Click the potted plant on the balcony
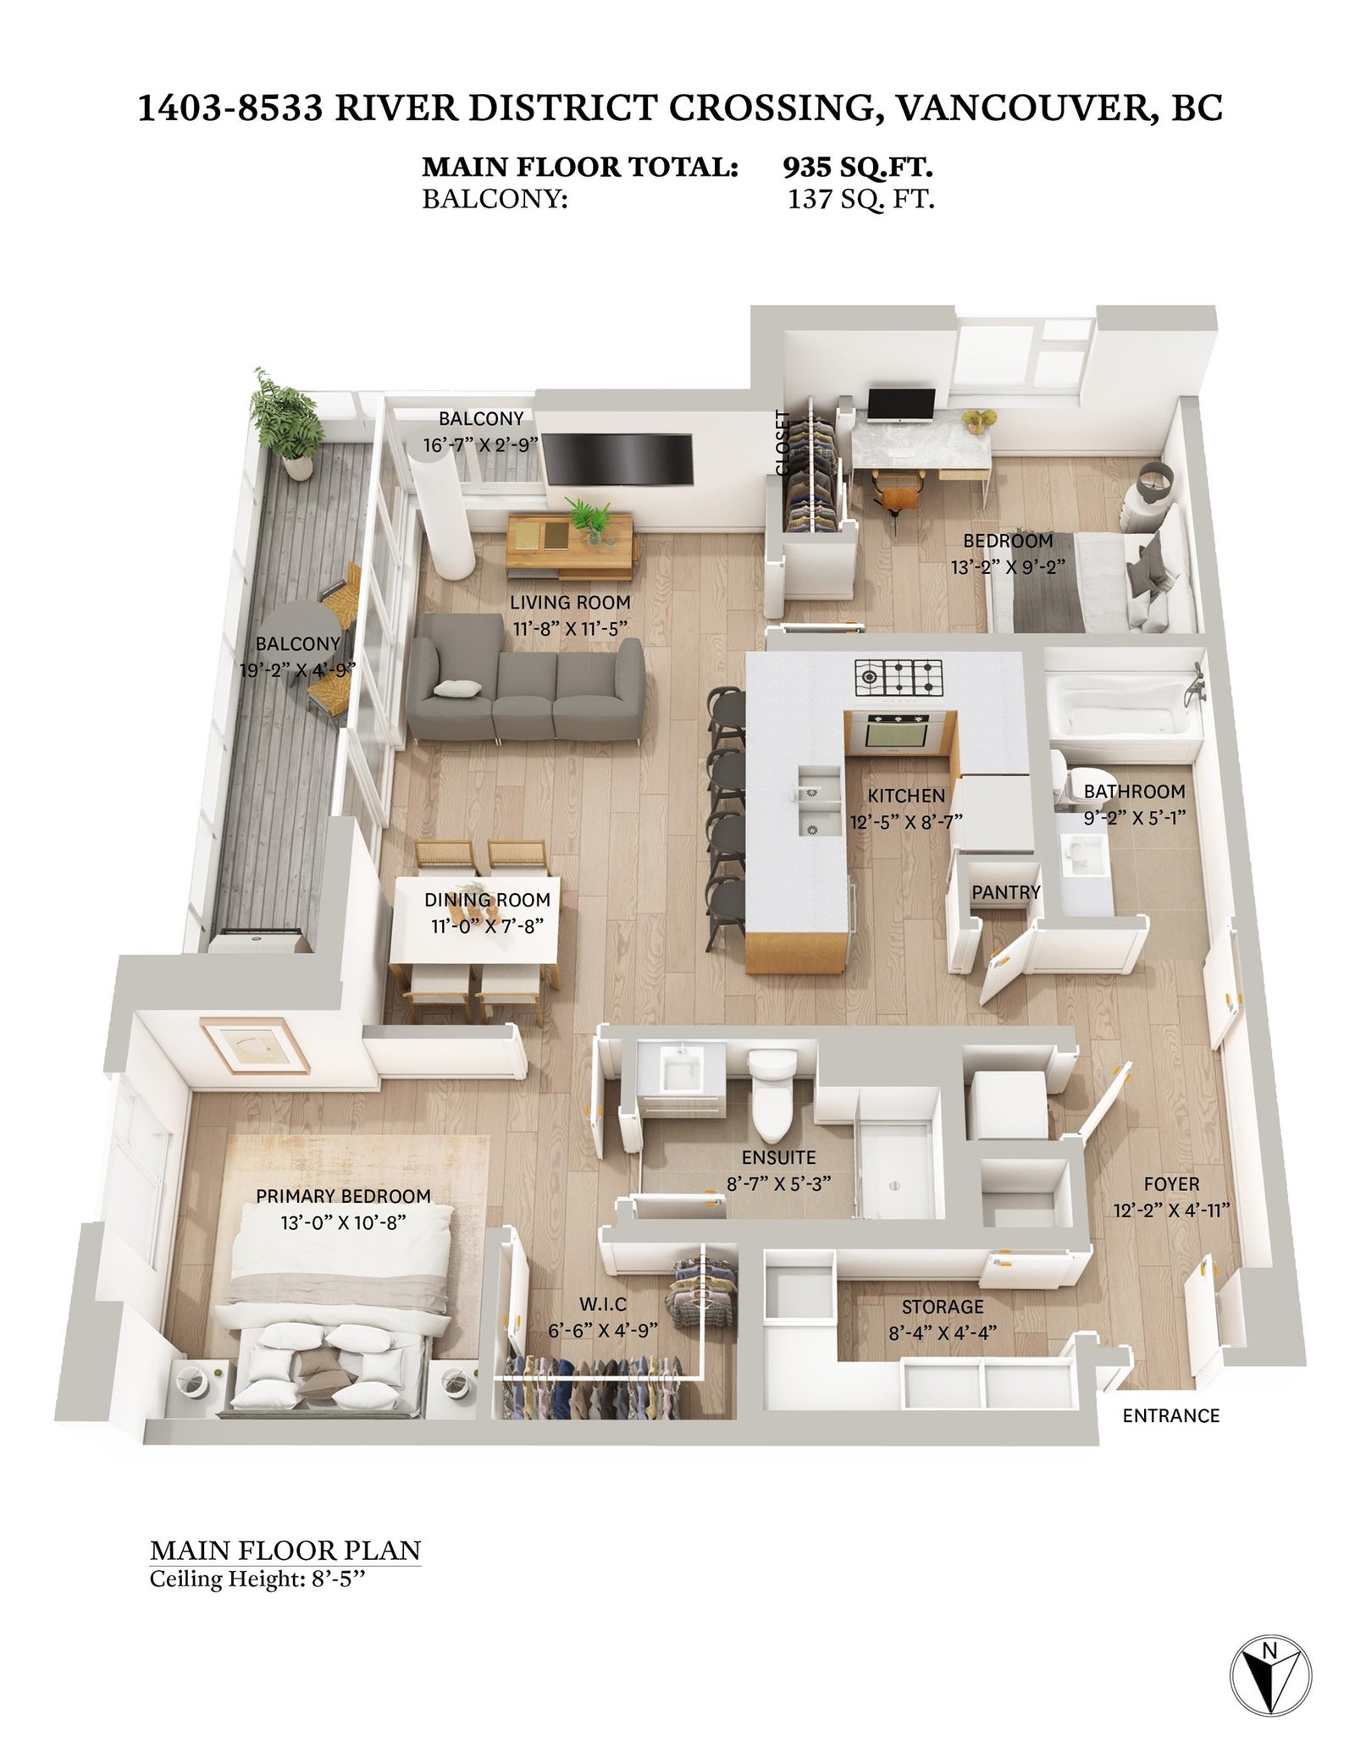(288, 423)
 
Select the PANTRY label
(1005, 892)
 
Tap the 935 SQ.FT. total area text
(858, 167)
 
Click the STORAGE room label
(942, 1308)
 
